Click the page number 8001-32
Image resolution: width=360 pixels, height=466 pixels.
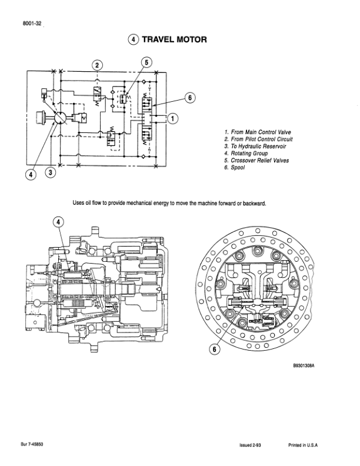point(32,24)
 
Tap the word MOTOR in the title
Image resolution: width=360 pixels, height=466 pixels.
point(192,39)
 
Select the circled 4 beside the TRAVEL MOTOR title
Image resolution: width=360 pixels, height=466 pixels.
point(134,39)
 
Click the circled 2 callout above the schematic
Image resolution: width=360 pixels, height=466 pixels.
point(97,65)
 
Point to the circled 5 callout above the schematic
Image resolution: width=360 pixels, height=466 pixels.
point(146,62)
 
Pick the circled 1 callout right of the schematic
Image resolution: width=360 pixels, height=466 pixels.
point(173,118)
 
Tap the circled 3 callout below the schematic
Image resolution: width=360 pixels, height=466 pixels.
point(51,172)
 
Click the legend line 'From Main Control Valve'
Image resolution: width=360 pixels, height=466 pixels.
point(258,132)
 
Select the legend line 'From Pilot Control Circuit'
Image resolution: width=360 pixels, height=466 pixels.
point(258,139)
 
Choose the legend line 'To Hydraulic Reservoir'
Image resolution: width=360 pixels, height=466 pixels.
point(255,147)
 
